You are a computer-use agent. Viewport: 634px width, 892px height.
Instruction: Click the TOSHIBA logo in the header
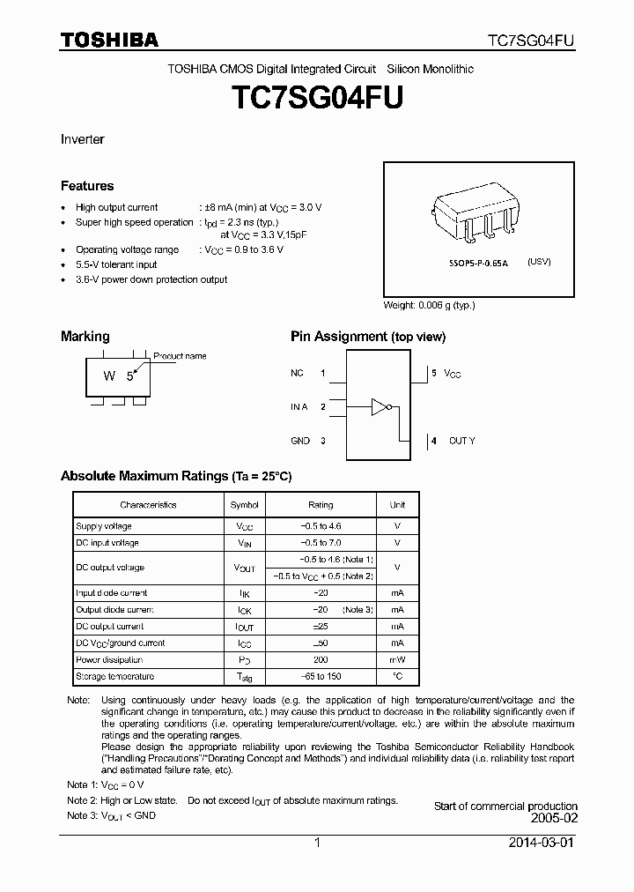[109, 41]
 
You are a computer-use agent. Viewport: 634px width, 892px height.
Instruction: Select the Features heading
[87, 186]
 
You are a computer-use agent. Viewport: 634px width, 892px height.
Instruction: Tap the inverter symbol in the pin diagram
[380, 406]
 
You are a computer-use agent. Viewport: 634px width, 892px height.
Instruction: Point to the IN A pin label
[299, 406]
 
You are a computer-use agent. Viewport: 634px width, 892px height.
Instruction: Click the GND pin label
[300, 440]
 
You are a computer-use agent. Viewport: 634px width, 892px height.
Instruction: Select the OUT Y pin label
[461, 440]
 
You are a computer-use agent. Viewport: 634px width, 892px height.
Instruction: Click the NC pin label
[297, 374]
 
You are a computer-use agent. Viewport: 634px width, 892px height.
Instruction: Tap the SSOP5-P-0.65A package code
[477, 263]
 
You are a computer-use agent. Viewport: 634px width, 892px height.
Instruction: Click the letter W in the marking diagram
[109, 376]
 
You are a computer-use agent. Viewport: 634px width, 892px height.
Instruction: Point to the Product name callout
[180, 356]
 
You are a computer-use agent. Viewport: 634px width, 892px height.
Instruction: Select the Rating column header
[321, 505]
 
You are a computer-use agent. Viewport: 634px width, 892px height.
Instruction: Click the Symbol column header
[244, 505]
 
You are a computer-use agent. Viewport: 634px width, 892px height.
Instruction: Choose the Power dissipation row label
[109, 659]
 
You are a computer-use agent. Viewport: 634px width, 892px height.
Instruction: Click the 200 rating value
[321, 659]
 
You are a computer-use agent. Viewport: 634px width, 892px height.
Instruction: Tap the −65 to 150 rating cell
[321, 676]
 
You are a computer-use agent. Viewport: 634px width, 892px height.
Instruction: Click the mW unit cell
[398, 659]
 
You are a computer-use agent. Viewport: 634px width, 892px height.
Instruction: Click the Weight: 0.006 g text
[429, 305]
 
